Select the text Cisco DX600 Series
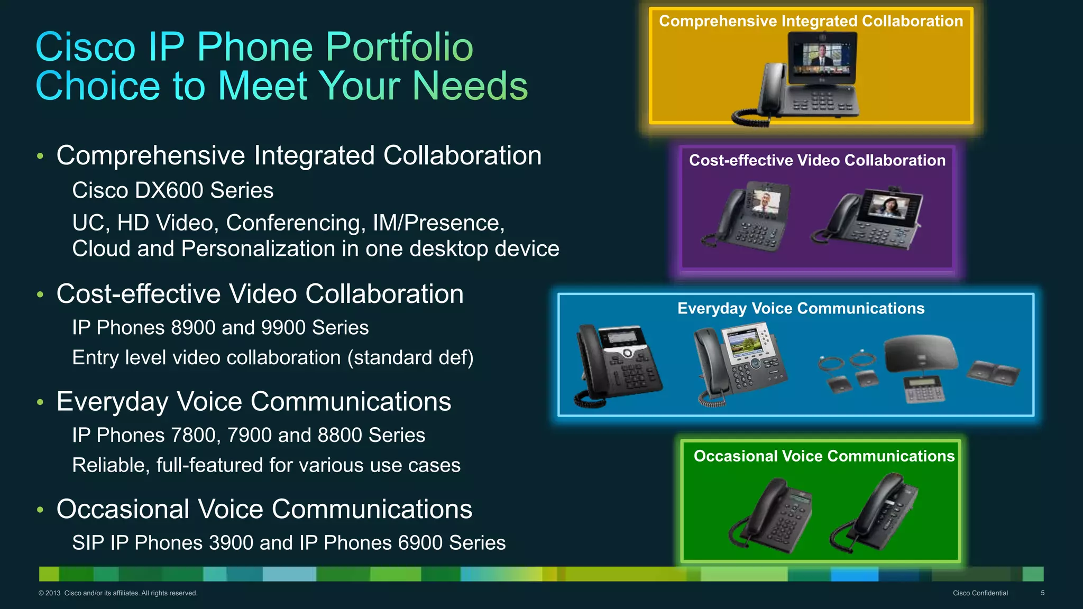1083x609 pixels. coord(172,190)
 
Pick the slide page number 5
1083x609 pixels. coord(1042,593)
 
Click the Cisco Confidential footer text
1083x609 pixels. coord(980,593)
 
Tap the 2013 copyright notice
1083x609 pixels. coord(117,593)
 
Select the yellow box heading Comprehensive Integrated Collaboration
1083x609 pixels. coord(811,21)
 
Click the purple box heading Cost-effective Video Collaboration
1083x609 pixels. coord(817,160)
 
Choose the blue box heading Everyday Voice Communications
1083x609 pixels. coord(801,308)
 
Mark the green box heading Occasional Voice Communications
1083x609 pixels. coord(824,456)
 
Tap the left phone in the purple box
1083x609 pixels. coord(748,217)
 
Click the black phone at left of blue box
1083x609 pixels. coord(619,365)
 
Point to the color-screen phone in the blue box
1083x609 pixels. coord(740,365)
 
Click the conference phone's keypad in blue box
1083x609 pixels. coord(923,389)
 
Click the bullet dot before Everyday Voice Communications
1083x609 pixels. coord(40,402)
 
